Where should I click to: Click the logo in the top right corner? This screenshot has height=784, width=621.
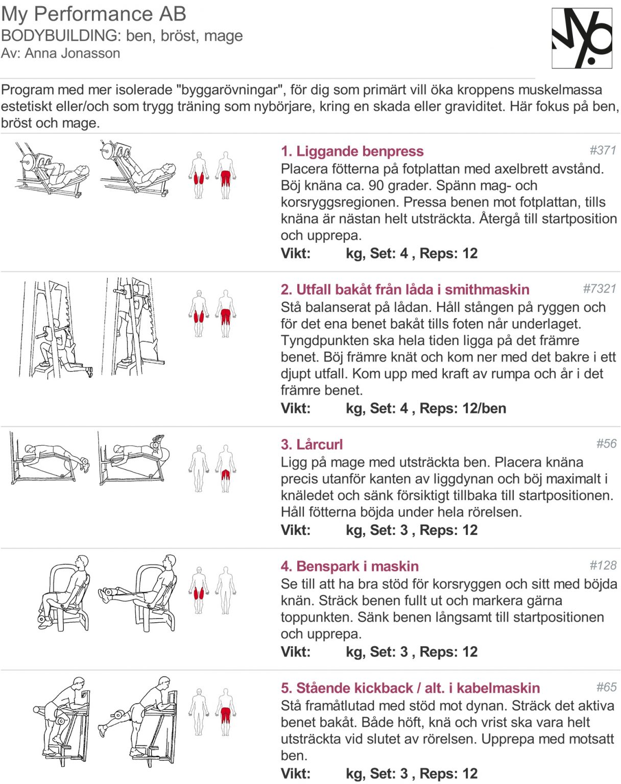click(582, 38)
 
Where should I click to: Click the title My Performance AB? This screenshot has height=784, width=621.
click(93, 14)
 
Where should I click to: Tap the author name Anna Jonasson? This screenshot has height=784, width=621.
click(72, 53)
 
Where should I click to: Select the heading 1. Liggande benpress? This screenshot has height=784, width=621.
click(352, 151)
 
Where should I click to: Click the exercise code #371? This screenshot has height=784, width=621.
click(603, 150)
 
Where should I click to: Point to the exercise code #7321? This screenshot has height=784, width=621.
click(600, 288)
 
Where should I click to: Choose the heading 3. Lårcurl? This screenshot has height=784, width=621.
click(312, 444)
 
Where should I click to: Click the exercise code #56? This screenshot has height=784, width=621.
click(606, 444)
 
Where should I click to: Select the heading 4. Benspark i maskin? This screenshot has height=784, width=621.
click(349, 566)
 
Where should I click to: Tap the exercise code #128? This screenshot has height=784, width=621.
click(603, 565)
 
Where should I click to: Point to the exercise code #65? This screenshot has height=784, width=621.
click(606, 687)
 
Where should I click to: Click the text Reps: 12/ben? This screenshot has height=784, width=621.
click(463, 408)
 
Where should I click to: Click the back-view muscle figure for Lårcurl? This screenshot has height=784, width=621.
click(225, 469)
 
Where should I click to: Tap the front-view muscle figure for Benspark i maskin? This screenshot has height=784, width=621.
click(199, 590)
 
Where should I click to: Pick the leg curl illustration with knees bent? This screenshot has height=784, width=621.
click(133, 458)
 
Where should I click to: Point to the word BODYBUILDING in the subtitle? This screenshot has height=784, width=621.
click(60, 36)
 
